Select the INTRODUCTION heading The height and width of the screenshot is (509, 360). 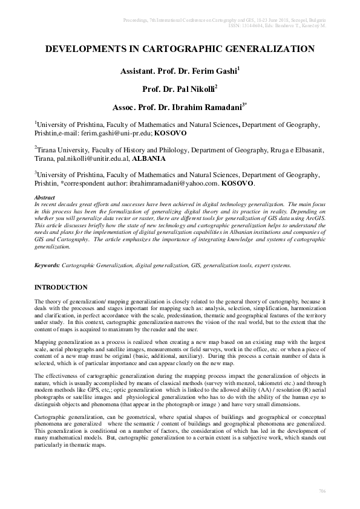pos(61,287)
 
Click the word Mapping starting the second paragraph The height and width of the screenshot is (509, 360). pos(47,342)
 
